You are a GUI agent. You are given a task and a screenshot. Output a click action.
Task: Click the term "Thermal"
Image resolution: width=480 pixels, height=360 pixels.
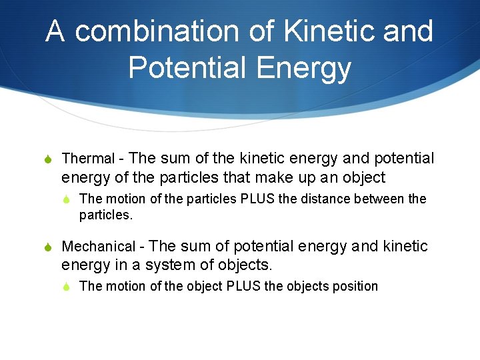(88, 159)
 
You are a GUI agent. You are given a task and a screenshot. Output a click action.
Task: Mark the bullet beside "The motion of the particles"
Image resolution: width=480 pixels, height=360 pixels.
(69, 199)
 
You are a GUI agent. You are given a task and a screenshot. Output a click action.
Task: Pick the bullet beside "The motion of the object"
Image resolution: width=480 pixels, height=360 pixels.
(69, 287)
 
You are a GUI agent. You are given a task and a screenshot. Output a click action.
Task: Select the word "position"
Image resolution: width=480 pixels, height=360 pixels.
(354, 287)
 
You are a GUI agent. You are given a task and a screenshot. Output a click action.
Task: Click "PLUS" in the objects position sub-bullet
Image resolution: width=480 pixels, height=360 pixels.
(245, 287)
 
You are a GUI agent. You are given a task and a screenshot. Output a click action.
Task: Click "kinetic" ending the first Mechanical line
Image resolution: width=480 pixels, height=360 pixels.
(405, 247)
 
